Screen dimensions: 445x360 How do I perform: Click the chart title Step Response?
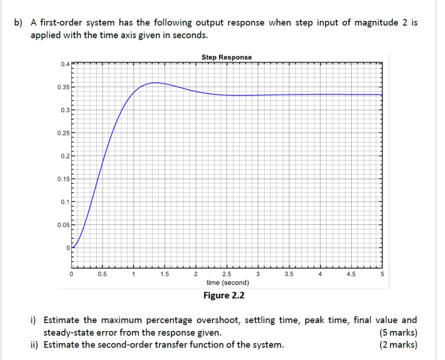[227, 57]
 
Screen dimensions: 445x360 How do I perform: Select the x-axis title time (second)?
[227, 283]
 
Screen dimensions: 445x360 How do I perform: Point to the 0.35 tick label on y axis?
[63, 87]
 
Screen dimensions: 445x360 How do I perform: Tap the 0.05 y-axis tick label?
[63, 225]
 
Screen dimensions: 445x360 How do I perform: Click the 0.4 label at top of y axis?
[65, 64]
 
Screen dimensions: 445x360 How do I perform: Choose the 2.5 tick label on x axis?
[227, 274]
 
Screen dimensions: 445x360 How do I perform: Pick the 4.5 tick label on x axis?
[351, 274]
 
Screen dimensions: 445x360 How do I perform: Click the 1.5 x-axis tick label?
[164, 274]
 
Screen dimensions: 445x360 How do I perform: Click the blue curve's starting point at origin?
[72, 247]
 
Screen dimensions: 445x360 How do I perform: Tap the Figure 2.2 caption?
[224, 295]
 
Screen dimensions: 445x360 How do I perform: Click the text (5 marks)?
[398, 332]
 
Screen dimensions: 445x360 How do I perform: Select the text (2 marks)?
[398, 345]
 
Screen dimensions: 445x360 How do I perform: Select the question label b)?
[18, 23]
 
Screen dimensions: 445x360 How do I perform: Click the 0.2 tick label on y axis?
[65, 156]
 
